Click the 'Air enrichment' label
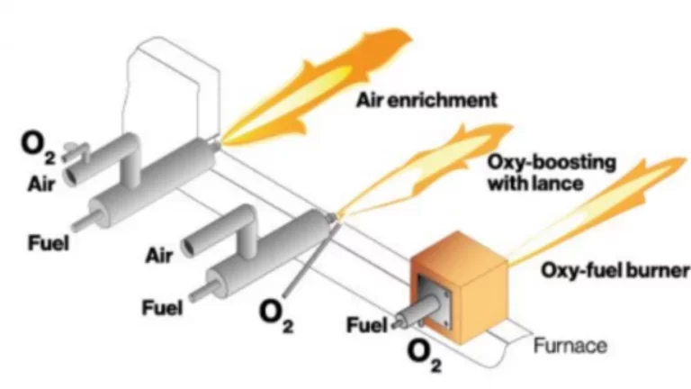pos(430,101)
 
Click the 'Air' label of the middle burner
pos(159,256)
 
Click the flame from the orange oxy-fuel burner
pos(594,207)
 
